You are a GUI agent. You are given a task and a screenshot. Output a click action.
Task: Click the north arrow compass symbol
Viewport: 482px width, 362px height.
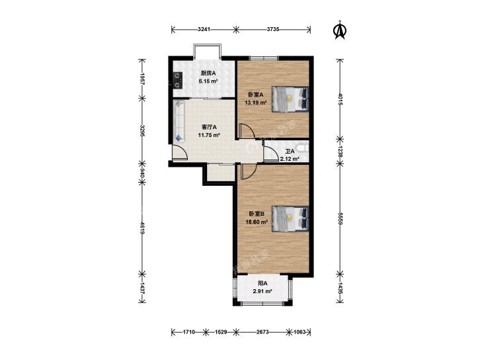click(x=340, y=30)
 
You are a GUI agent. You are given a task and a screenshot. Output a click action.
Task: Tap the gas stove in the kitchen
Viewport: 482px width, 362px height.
click(x=177, y=80)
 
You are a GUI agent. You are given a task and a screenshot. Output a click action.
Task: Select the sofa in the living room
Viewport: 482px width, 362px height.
click(x=179, y=122)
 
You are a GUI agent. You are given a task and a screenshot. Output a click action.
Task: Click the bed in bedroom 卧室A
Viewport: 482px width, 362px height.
click(x=290, y=99)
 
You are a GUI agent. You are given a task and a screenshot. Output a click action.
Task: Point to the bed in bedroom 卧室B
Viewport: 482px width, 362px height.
click(x=290, y=218)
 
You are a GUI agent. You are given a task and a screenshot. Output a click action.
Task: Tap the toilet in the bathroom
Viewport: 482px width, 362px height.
click(x=303, y=148)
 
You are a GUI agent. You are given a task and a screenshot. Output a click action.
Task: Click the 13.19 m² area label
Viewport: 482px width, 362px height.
click(x=255, y=103)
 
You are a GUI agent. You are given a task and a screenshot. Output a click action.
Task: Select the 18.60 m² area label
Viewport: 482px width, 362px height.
click(x=257, y=221)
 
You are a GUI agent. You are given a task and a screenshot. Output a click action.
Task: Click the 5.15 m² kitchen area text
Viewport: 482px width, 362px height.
click(x=208, y=81)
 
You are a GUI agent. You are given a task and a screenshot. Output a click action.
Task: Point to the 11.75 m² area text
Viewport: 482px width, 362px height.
click(x=209, y=135)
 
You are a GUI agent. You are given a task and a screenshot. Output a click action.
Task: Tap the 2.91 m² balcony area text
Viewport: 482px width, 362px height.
click(x=262, y=291)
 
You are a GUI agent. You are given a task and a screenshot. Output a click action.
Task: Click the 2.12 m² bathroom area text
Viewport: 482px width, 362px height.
click(x=290, y=159)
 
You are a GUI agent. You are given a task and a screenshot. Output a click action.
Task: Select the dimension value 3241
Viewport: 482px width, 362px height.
click(x=204, y=29)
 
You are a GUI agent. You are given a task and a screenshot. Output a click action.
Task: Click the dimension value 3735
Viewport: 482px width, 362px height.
click(x=272, y=29)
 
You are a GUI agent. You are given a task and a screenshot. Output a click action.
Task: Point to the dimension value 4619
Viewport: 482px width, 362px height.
click(x=142, y=228)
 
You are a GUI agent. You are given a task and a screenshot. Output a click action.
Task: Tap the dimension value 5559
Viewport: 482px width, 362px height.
click(x=340, y=218)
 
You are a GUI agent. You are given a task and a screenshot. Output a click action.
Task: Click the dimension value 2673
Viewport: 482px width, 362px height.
click(x=262, y=332)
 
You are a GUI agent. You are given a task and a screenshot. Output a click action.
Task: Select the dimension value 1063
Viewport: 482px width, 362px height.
click(x=300, y=332)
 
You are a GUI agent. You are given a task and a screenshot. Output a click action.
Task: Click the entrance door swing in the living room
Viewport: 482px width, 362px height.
click(x=180, y=152)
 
